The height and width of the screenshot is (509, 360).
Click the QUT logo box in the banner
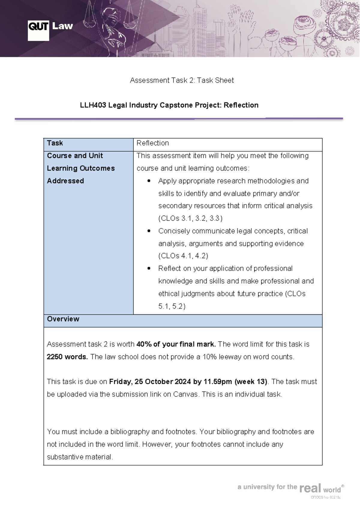[x=38, y=30]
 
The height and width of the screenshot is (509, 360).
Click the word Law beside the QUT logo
[x=62, y=26]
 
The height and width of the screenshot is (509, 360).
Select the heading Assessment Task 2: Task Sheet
[x=182, y=80]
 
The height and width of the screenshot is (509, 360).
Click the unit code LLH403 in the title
[x=93, y=105]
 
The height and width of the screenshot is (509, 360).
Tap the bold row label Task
[x=55, y=143]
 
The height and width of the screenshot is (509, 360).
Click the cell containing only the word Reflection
[x=152, y=143]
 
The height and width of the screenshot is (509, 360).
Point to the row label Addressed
[x=65, y=181]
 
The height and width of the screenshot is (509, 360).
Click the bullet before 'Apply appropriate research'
[x=149, y=181]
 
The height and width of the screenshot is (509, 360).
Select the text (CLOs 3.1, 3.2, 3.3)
[x=190, y=218]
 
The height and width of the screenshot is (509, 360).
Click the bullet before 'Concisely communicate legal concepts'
[x=149, y=231]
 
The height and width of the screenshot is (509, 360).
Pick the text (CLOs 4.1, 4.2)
[x=183, y=256]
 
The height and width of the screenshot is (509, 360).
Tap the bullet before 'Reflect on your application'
[x=149, y=269]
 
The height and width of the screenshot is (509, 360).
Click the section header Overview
[x=63, y=319]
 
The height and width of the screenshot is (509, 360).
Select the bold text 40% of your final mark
[x=176, y=344]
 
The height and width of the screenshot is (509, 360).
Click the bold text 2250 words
[x=67, y=357]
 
